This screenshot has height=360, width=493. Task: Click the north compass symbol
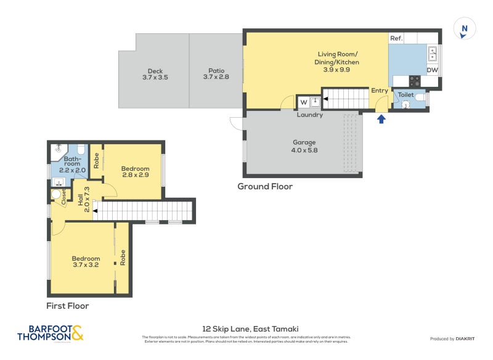[x=465, y=29]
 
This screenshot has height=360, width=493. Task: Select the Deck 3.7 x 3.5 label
[x=155, y=74]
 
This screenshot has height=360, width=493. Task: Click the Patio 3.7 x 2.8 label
[x=215, y=74]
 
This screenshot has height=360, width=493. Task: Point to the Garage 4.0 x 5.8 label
[x=304, y=146]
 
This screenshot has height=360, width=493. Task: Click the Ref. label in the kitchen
[x=396, y=38]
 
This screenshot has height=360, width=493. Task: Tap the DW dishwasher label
[x=433, y=70]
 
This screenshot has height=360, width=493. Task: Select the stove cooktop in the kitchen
[x=415, y=80]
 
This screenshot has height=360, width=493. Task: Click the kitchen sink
[x=433, y=53]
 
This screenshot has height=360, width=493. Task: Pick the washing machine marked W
[x=303, y=102]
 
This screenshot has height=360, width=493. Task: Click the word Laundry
[x=309, y=115]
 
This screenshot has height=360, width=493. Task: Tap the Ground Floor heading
[x=265, y=186]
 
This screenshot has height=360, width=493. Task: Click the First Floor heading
[x=68, y=306]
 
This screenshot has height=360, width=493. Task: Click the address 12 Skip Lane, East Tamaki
[x=250, y=329]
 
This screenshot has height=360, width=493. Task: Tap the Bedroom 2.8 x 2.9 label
[x=135, y=172]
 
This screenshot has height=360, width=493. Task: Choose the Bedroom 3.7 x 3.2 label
[x=86, y=262]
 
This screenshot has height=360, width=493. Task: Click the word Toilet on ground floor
[x=405, y=95]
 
